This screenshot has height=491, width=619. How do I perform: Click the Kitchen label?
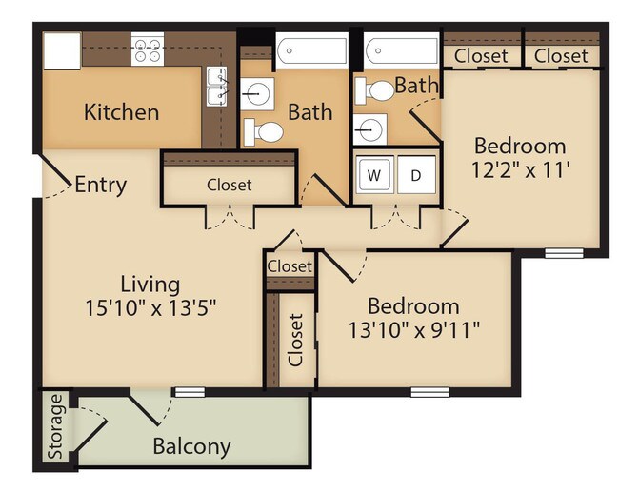click(121, 111)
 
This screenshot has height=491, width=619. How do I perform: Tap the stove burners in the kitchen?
click(147, 49)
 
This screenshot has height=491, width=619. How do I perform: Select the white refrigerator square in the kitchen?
click(62, 50)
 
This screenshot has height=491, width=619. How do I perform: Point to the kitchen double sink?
click(217, 88)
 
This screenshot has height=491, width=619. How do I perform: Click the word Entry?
click(100, 185)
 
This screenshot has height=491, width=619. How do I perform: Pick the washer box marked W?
click(374, 175)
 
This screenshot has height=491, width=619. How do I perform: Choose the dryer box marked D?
click(415, 175)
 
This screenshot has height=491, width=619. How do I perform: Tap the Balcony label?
click(191, 446)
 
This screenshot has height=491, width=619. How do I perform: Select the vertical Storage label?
click(56, 426)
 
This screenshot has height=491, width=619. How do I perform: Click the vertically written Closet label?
click(296, 340)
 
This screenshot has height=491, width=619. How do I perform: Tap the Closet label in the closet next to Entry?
click(229, 185)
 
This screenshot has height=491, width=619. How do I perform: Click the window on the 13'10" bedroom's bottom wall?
click(429, 391)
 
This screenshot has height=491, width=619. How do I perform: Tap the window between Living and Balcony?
click(190, 391)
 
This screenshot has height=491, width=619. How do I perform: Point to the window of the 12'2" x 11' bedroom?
click(564, 253)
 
